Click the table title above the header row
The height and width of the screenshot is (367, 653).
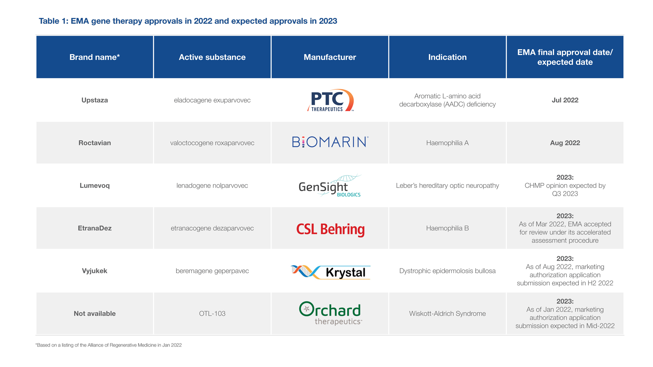coord(188,21)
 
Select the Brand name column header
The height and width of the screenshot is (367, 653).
coord(95,57)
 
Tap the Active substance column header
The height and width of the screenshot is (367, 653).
coord(212,57)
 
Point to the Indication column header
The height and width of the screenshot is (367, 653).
coord(447,57)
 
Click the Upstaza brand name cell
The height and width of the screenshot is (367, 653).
coord(95,100)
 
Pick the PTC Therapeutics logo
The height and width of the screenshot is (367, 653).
coord(330,101)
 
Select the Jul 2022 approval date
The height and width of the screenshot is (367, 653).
coord(565,100)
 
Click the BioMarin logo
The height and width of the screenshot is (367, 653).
coord(330,142)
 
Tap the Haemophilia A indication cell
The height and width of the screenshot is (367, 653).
coord(447,143)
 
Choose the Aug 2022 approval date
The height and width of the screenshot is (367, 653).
coord(565,143)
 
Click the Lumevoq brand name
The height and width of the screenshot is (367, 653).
coord(95,186)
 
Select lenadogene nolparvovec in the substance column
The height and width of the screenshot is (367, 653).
coord(212,186)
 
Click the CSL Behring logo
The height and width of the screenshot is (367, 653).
coord(330,229)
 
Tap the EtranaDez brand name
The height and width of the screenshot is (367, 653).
coord(95,228)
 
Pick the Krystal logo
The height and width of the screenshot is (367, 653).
coord(330,272)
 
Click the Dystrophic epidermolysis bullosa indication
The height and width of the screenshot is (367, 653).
coord(447,271)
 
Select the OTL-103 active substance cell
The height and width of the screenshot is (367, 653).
coord(212,314)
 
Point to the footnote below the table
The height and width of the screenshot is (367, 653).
coord(108,345)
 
